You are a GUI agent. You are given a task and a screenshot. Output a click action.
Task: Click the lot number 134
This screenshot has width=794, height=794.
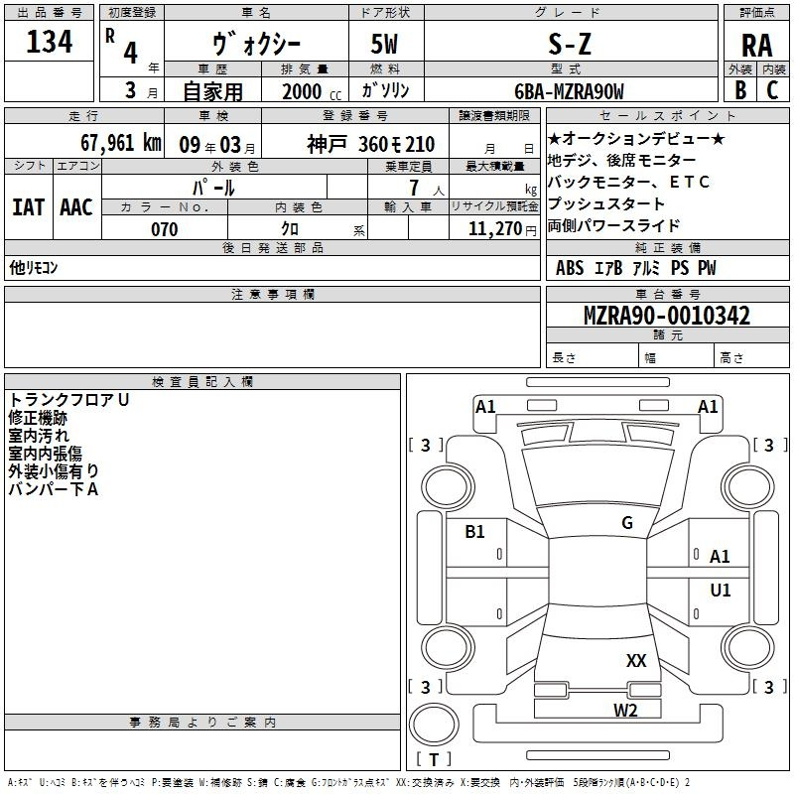[49, 42]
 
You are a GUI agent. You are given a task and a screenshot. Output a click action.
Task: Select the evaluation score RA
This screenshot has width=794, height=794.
[757, 46]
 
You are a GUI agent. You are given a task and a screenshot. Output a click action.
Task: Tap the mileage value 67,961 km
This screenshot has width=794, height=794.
[121, 143]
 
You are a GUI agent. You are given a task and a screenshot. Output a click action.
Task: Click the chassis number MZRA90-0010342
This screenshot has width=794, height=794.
[667, 316]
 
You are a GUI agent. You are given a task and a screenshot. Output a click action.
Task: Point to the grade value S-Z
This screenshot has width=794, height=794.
[570, 45]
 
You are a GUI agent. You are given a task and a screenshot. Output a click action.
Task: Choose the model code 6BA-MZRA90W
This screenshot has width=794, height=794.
[569, 91]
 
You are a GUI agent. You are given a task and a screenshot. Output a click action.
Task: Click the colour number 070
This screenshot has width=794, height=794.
[165, 229]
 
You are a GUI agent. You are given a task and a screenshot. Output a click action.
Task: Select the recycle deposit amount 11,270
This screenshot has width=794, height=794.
[495, 229]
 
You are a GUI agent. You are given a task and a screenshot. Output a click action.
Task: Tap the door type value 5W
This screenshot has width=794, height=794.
[384, 44]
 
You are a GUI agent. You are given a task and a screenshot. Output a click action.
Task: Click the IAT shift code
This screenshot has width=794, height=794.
[29, 207]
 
